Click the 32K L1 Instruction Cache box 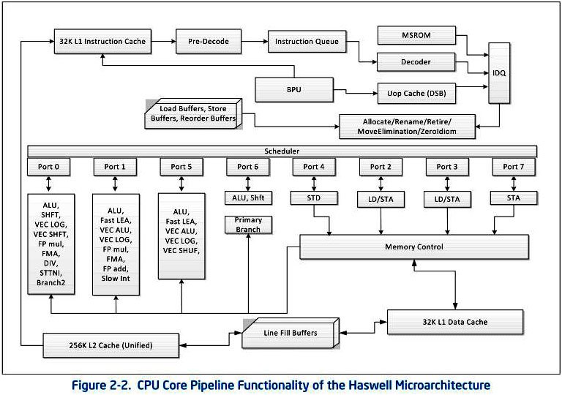(x=102, y=42)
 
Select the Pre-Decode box (x=209, y=42)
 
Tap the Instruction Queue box (x=307, y=42)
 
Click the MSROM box (x=416, y=36)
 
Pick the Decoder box (x=416, y=62)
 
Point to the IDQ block (x=499, y=73)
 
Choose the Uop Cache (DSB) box (x=416, y=94)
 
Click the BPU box (x=294, y=90)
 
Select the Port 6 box (x=247, y=167)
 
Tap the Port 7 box (x=514, y=167)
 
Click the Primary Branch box (x=248, y=225)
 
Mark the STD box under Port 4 (x=314, y=197)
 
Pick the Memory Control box (x=414, y=247)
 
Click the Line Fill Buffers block (x=291, y=333)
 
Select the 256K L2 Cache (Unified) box (x=110, y=345)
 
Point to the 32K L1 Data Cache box (x=455, y=322)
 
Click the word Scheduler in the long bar (x=282, y=151)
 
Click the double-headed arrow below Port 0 (x=49, y=184)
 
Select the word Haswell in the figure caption (x=370, y=385)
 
